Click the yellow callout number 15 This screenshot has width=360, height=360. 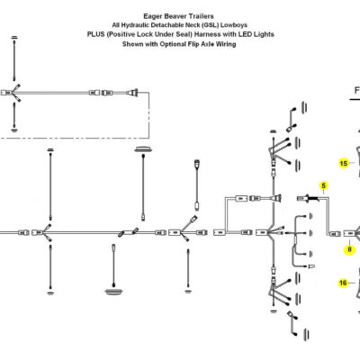[344, 163]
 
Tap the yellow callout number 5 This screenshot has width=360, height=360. [323, 185]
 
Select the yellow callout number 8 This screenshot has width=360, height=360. [350, 249]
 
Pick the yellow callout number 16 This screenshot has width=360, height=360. [343, 283]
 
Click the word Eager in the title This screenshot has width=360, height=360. [153, 16]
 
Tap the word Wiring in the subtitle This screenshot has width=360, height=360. [226, 44]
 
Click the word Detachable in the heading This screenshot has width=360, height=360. [167, 25]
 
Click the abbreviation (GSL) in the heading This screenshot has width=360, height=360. [210, 25]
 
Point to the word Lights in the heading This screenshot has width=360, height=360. [264, 34]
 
